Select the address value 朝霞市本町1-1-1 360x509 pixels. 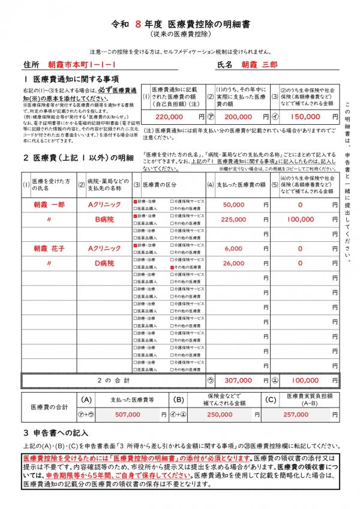pyautogui.click(x=82, y=64)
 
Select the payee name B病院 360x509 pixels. pyautogui.click(x=105, y=219)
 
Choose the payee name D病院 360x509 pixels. pyautogui.click(x=105, y=263)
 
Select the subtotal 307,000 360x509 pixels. pyautogui.click(x=238, y=380)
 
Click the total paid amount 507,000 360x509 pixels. pyautogui.click(x=127, y=414)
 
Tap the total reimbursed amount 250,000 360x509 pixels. pyautogui.click(x=220, y=414)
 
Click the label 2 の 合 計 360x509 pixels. pyautogui.click(x=113, y=380)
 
